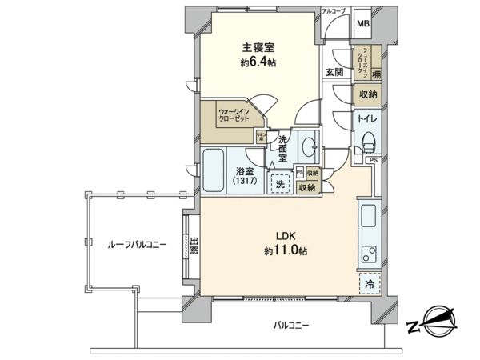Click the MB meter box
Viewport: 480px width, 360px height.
[362, 24]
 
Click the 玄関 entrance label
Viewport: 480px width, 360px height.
[334, 71]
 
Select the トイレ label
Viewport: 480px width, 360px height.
[369, 119]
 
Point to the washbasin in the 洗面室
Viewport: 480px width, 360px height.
[310, 146]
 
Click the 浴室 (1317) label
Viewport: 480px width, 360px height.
[244, 176]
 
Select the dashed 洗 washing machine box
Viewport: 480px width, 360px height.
[280, 183]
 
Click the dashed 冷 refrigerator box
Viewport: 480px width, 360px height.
[369, 282]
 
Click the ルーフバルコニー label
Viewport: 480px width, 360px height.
[138, 245]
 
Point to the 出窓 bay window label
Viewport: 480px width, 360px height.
[194, 245]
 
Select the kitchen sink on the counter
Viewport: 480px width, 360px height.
[369, 216]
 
